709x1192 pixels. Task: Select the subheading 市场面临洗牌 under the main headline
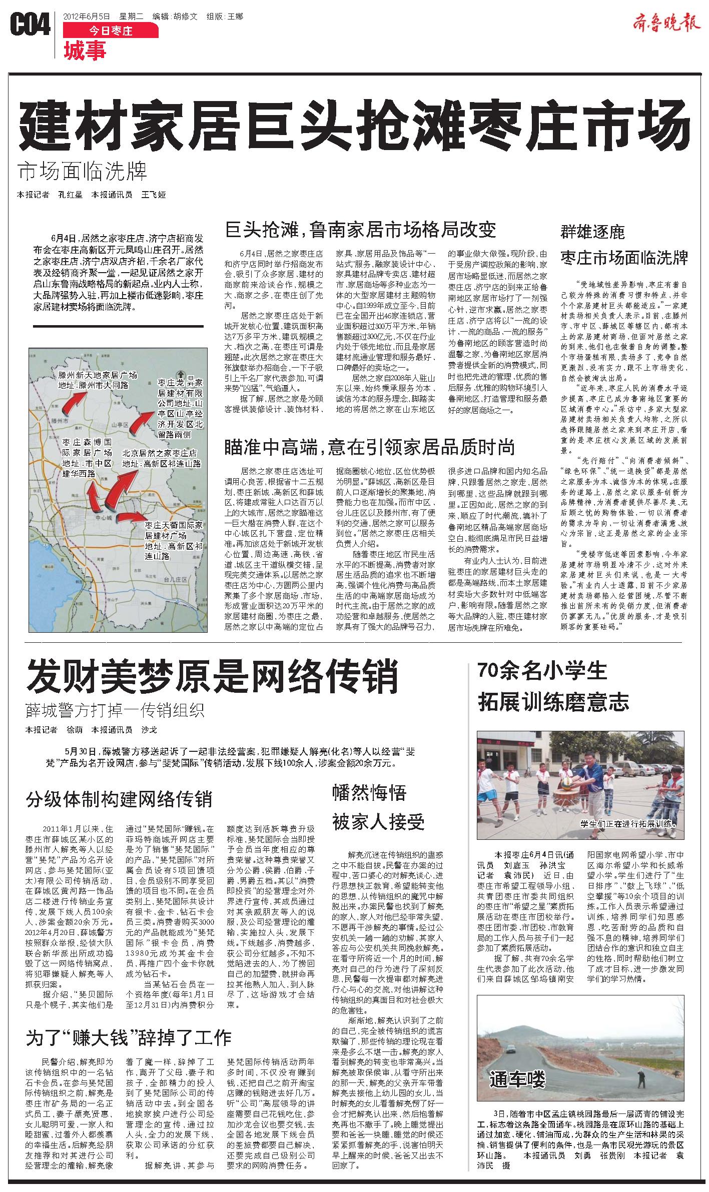click(x=83, y=172)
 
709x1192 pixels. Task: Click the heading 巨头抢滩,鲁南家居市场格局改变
click(x=360, y=229)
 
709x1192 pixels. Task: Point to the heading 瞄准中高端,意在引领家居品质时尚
click(x=370, y=447)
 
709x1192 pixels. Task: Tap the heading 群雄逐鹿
click(x=592, y=232)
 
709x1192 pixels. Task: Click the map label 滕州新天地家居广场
click(x=98, y=375)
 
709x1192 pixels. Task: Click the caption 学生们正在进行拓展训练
click(x=628, y=822)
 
